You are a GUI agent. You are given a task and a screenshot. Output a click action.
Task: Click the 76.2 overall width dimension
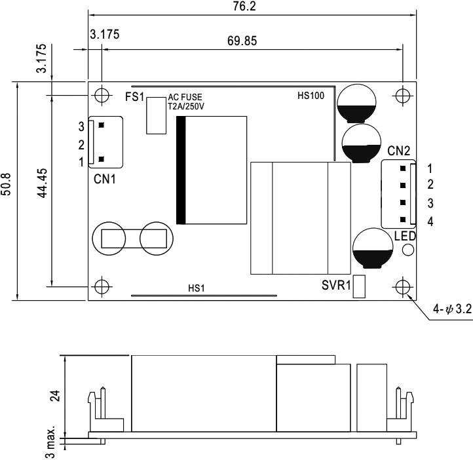(x=244, y=6)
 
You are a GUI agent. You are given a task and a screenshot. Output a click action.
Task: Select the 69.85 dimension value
(x=242, y=41)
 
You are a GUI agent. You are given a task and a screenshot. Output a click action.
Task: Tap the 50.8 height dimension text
(x=6, y=184)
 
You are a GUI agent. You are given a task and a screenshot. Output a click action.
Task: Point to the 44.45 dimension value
(x=42, y=183)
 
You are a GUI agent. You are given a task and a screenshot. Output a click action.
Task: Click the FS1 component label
(x=134, y=97)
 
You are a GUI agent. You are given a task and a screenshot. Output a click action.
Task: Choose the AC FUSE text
(x=185, y=97)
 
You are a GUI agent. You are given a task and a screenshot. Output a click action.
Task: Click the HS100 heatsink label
(x=311, y=96)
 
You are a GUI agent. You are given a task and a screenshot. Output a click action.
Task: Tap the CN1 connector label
(x=105, y=179)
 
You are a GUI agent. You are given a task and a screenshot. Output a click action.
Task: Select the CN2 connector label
(x=398, y=151)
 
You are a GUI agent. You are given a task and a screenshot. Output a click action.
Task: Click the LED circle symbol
(x=408, y=250)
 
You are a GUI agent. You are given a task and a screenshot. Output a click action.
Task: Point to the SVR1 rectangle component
(x=359, y=286)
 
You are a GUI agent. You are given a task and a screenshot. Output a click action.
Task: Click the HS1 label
(x=197, y=288)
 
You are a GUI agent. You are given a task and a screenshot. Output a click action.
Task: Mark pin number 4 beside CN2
(x=430, y=221)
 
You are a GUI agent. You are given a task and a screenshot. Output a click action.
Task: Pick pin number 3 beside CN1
(x=81, y=126)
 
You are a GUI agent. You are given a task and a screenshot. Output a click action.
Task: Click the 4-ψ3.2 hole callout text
(x=452, y=309)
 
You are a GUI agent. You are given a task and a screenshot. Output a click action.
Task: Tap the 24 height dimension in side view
(x=55, y=396)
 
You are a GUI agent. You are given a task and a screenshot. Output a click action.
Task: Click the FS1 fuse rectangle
(x=157, y=115)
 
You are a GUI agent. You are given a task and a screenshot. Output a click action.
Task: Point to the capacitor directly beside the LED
(x=373, y=248)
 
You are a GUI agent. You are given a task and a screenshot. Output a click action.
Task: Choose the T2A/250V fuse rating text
(x=186, y=106)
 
